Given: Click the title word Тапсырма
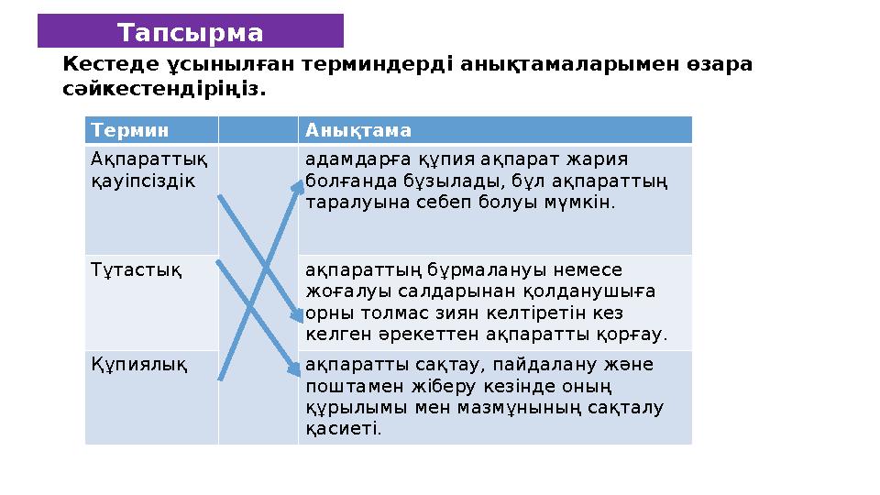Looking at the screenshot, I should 190,33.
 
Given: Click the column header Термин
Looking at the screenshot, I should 117,130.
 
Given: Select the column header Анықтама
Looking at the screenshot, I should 346,130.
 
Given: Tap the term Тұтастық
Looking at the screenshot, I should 123,269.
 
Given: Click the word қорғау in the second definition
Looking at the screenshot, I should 638,334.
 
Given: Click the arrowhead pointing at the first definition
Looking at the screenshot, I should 297,186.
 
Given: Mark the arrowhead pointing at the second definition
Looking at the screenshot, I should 296,315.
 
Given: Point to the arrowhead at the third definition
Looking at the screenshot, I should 294,368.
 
